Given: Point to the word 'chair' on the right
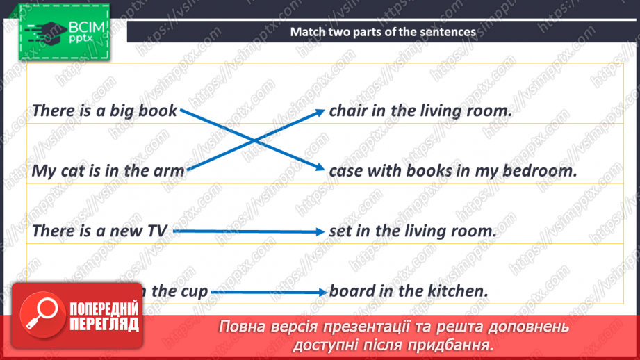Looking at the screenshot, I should pos(347,110).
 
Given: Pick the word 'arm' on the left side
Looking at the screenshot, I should pos(169,171).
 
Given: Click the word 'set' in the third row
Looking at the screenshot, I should pos(340,231).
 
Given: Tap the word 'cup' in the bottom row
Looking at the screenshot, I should pos(193,291).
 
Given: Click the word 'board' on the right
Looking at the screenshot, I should pos(352,291).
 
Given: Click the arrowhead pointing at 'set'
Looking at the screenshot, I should pos(320,232).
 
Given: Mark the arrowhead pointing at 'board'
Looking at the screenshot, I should pos(322,293).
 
